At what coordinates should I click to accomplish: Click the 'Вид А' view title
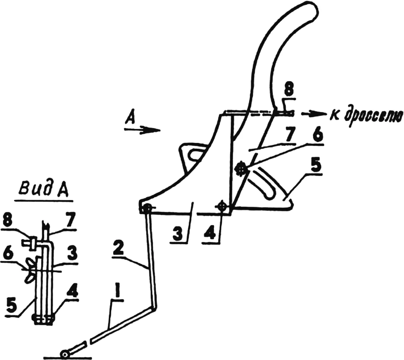(44, 190)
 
